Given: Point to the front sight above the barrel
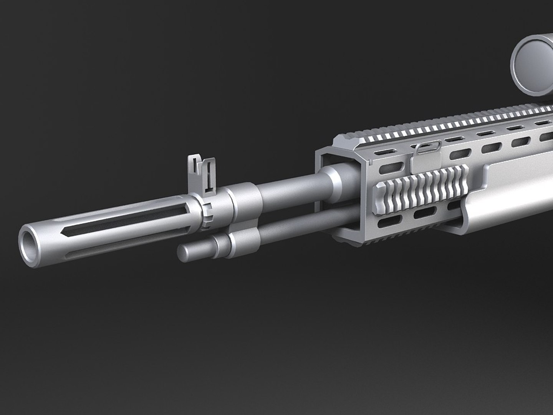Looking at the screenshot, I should click(202, 173).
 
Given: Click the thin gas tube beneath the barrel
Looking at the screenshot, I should click(292, 231).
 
